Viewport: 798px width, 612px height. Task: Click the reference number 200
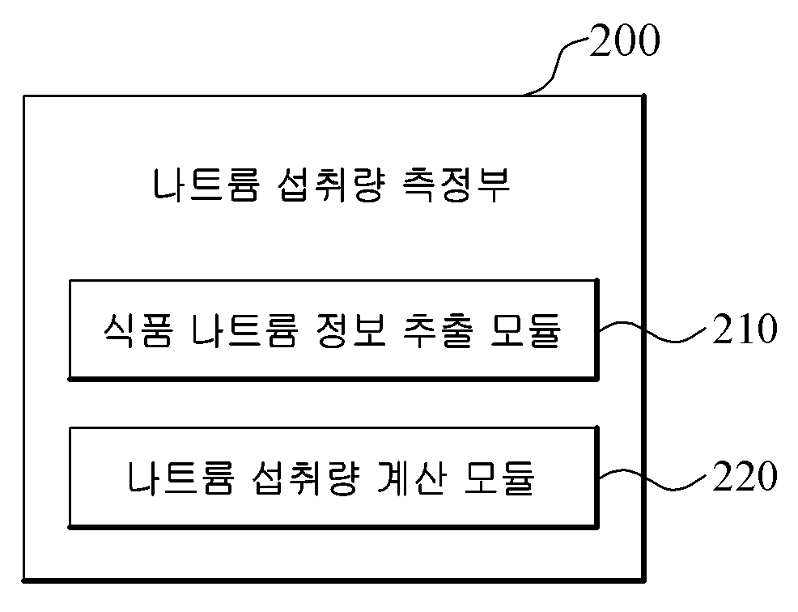(x=625, y=40)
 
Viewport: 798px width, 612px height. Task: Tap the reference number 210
(x=745, y=329)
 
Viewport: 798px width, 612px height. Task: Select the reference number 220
(x=745, y=477)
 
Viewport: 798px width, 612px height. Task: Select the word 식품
(x=138, y=330)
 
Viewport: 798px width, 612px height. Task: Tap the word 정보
(x=350, y=330)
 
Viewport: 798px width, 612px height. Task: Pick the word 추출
(x=438, y=330)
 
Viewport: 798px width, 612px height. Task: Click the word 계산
(x=412, y=478)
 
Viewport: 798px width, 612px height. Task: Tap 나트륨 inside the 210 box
(x=244, y=330)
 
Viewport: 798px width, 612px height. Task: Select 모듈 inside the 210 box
(x=525, y=330)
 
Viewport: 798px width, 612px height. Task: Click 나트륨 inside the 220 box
(x=180, y=478)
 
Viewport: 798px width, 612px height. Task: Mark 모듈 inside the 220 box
(x=499, y=478)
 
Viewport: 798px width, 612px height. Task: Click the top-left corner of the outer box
(x=24, y=96)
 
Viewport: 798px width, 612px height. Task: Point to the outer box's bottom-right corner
(x=644, y=580)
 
